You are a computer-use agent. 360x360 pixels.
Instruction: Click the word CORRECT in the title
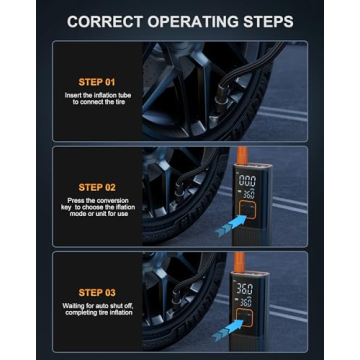(x=97, y=19)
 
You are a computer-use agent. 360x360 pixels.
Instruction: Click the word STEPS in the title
(x=264, y=19)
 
